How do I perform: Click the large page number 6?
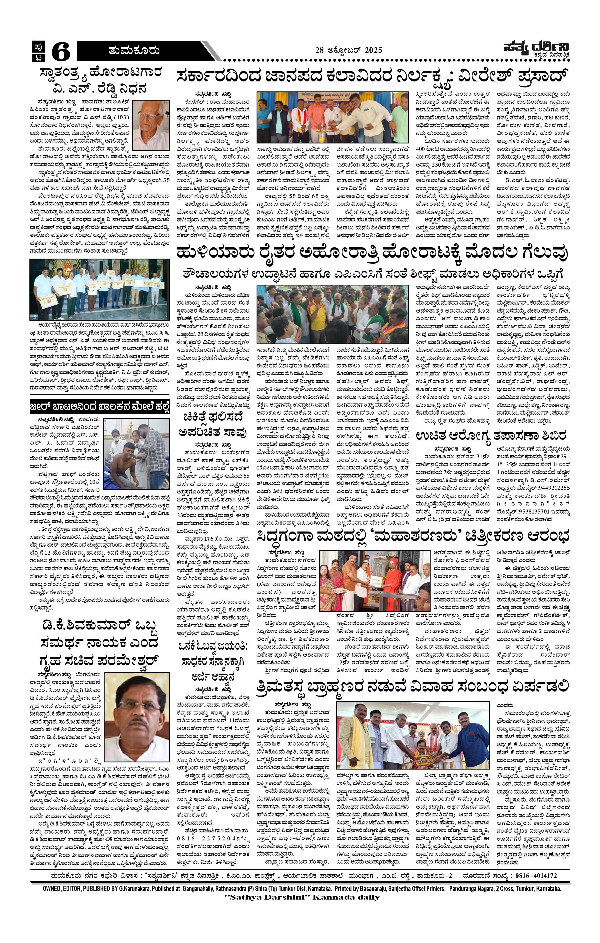coord(61,52)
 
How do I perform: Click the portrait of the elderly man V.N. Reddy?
coord(150,124)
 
